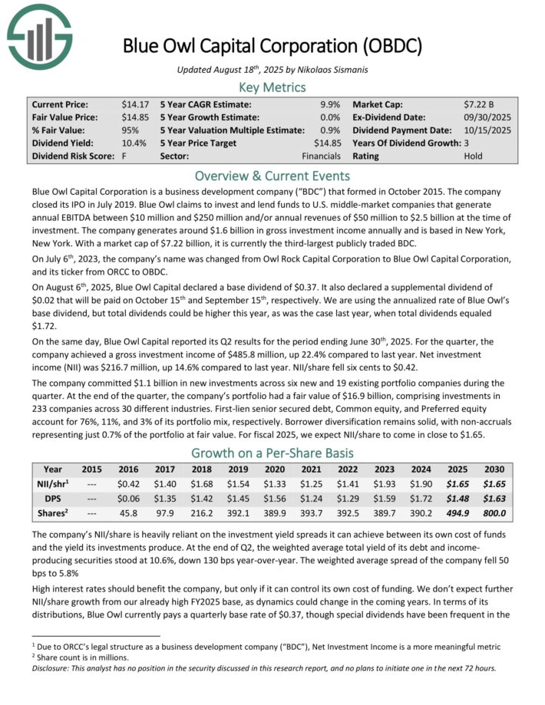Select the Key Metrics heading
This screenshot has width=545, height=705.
click(x=272, y=87)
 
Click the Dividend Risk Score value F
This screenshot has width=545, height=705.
click(x=125, y=156)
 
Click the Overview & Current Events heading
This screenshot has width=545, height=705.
click(x=272, y=175)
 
